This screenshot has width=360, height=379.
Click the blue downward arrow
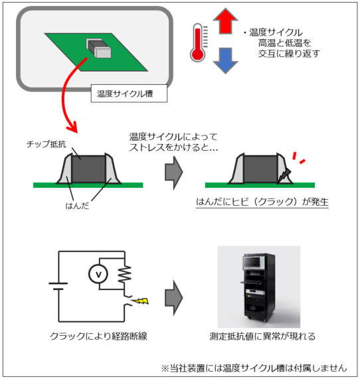(225, 60)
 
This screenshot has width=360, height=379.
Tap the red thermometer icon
(199, 42)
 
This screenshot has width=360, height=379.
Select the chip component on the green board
(99, 48)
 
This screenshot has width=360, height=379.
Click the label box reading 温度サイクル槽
(129, 94)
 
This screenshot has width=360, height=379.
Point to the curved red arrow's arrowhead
(72, 126)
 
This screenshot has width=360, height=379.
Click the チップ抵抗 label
(46, 144)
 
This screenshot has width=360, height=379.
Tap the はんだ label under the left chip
(77, 206)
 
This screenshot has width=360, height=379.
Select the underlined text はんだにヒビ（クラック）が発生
(262, 202)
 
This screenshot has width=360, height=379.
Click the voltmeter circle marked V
(98, 274)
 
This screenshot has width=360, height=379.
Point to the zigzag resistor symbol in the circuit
(125, 274)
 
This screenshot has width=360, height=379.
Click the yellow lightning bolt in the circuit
(141, 301)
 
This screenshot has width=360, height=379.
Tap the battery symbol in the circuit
(58, 286)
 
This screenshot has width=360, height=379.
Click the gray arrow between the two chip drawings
(174, 173)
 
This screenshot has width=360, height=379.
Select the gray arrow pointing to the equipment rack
(174, 297)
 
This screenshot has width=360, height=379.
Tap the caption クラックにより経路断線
(98, 337)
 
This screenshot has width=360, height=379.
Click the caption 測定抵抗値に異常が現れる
(262, 337)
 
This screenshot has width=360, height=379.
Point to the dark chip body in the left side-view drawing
(89, 169)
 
